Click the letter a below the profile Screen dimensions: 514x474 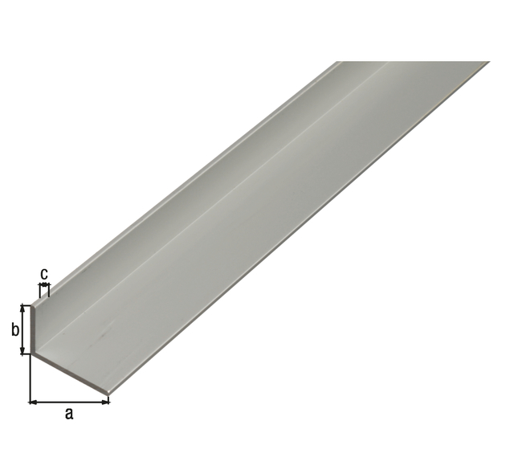(69, 415)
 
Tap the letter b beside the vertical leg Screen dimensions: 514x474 (15, 329)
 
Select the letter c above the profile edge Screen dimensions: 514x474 (44, 274)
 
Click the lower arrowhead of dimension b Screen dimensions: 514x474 (22, 350)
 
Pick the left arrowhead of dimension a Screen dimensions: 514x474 (34, 402)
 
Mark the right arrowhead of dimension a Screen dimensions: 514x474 (105, 402)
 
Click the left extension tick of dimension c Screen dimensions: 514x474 (40, 291)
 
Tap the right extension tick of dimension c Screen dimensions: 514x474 (49, 291)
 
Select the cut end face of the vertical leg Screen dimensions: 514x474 (33, 329)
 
